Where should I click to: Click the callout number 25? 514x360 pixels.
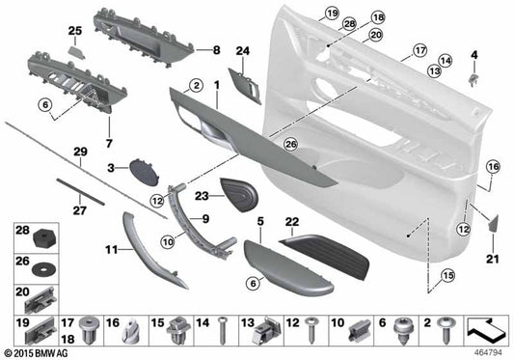click(x=74, y=33)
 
